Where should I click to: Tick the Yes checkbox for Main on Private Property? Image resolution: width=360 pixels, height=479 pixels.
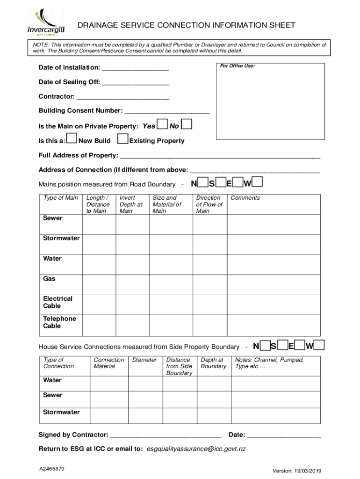click(x=162, y=124)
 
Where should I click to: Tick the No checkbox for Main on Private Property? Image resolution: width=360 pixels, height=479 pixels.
click(x=186, y=124)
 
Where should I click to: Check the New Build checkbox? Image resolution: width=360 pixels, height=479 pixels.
click(x=72, y=138)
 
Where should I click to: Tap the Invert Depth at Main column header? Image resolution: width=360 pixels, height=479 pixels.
click(x=131, y=204)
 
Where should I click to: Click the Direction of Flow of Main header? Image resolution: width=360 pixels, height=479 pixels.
click(x=209, y=204)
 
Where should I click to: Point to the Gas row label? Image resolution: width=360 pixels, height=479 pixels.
click(x=49, y=279)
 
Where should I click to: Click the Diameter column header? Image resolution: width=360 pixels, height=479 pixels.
click(x=144, y=360)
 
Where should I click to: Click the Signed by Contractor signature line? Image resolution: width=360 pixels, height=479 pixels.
click(x=166, y=435)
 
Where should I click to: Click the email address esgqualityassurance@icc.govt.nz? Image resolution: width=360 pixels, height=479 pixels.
click(x=196, y=449)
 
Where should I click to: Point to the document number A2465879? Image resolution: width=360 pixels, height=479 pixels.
click(x=52, y=469)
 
